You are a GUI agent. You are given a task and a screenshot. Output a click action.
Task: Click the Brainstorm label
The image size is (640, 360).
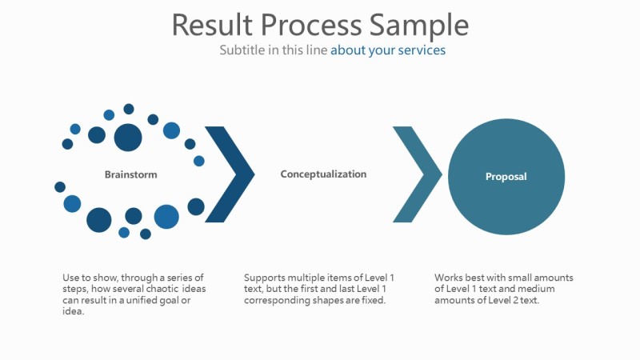pyautogui.click(x=130, y=174)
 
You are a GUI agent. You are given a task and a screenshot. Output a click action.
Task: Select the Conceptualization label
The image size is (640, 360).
pyautogui.click(x=323, y=174)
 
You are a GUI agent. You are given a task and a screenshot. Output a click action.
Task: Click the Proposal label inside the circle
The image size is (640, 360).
pyautogui.click(x=506, y=177)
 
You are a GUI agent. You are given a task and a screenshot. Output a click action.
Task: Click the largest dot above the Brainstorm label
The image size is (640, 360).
pyautogui.click(x=128, y=137)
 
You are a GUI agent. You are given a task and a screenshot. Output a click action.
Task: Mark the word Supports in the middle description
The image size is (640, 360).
pyautogui.click(x=263, y=278)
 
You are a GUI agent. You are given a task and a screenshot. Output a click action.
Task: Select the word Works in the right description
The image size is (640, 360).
pyautogui.click(x=448, y=278)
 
